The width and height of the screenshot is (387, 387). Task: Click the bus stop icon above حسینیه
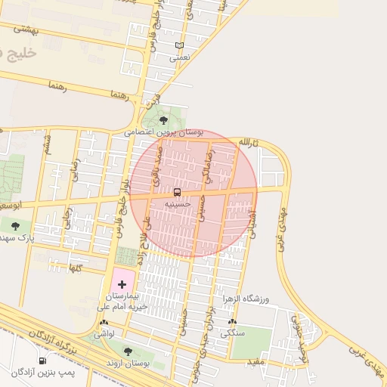[177, 193]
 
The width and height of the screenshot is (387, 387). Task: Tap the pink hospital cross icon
[122, 284]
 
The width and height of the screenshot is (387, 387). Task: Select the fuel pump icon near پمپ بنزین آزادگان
[42, 361]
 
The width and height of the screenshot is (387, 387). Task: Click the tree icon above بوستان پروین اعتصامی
[163, 120]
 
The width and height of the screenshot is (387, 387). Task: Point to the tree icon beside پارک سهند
[15, 226]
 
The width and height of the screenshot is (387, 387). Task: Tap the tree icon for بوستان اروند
[127, 351]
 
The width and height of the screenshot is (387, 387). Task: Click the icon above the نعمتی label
[179, 45]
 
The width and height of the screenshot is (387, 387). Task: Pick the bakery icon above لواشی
[104, 323]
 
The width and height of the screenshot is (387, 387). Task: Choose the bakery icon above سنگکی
[231, 323]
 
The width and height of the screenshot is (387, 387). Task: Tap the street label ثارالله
[249, 142]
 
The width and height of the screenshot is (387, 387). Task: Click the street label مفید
[255, 362]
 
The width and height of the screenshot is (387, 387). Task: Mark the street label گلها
[76, 268]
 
